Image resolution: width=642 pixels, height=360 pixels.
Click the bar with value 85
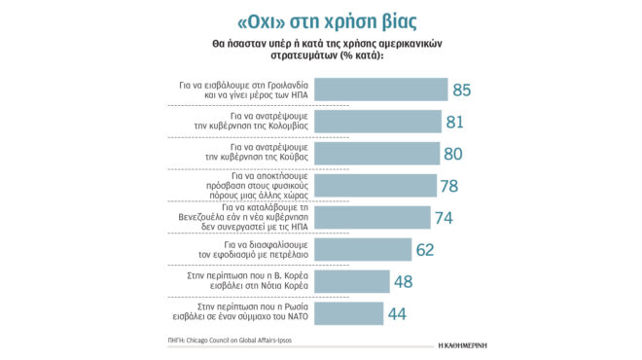[383, 90]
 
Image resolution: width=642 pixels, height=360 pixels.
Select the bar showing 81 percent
[378, 123]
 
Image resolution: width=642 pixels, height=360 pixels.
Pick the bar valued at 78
[374, 185]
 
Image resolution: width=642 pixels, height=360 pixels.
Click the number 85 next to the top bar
[462, 90]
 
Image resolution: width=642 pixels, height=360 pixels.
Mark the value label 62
[426, 248]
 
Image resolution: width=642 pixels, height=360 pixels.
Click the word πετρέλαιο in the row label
[290, 254]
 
